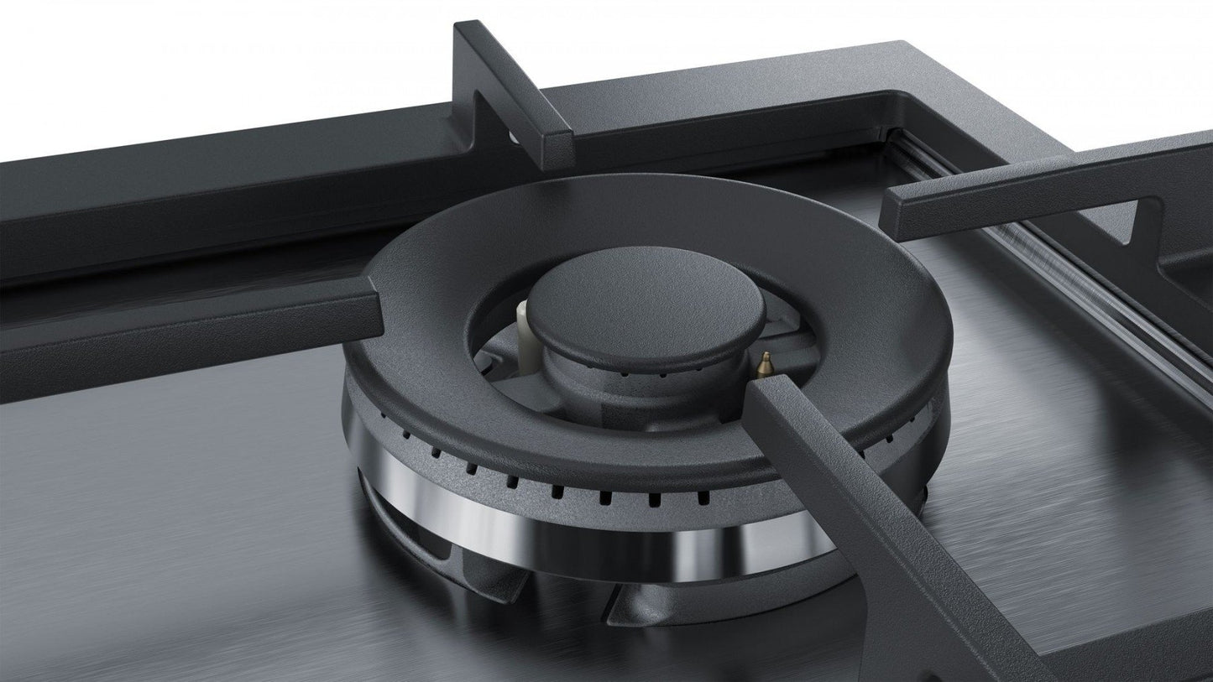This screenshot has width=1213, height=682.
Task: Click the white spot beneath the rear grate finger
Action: (x=510, y=134)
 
